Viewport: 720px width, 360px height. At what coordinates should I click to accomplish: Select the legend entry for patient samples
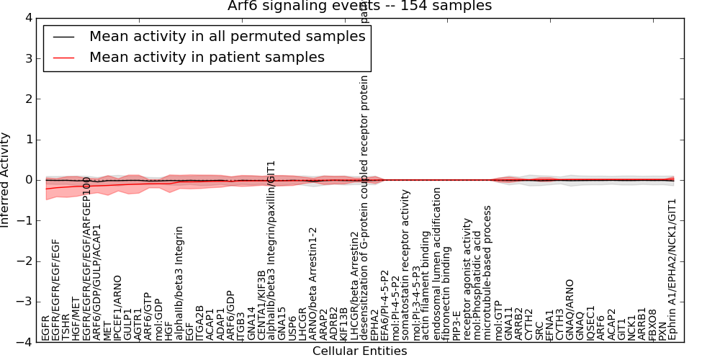click(x=207, y=57)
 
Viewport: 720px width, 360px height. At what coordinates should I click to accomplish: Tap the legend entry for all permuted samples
click(x=207, y=37)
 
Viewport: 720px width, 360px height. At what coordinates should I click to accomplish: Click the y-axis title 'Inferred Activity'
click(x=6, y=180)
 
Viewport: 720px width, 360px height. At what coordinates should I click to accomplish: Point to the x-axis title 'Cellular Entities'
click(x=359, y=351)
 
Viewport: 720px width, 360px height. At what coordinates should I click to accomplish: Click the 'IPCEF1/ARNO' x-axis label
click(x=117, y=307)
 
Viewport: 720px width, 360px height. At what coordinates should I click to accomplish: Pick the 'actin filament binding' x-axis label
click(x=426, y=284)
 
